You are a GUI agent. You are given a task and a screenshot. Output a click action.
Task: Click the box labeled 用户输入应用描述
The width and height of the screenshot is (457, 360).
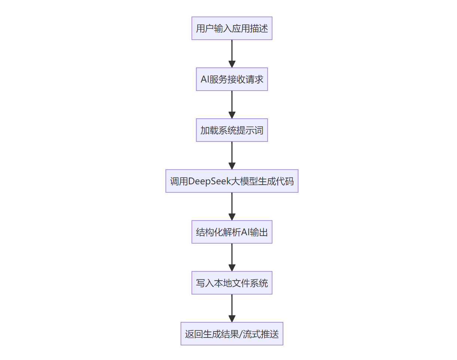[x=232, y=28]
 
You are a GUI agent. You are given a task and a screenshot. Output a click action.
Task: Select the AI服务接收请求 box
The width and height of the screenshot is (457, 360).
[x=232, y=79]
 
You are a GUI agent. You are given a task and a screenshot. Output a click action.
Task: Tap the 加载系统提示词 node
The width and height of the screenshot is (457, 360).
[x=232, y=130]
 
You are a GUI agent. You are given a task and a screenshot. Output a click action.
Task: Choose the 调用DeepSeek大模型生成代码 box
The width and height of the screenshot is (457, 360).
[x=232, y=181]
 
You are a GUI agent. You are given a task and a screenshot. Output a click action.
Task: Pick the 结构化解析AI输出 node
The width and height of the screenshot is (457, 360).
[x=232, y=232]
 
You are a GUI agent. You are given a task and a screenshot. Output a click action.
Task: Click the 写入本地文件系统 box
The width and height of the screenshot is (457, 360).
[x=232, y=283]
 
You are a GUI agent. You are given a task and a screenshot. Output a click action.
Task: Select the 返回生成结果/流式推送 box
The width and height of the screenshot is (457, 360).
[x=232, y=334]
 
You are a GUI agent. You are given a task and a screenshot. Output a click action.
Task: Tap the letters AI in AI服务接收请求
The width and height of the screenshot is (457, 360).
[x=205, y=79]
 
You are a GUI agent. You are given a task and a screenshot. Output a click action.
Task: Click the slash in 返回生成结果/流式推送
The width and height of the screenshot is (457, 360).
[x=241, y=334]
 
